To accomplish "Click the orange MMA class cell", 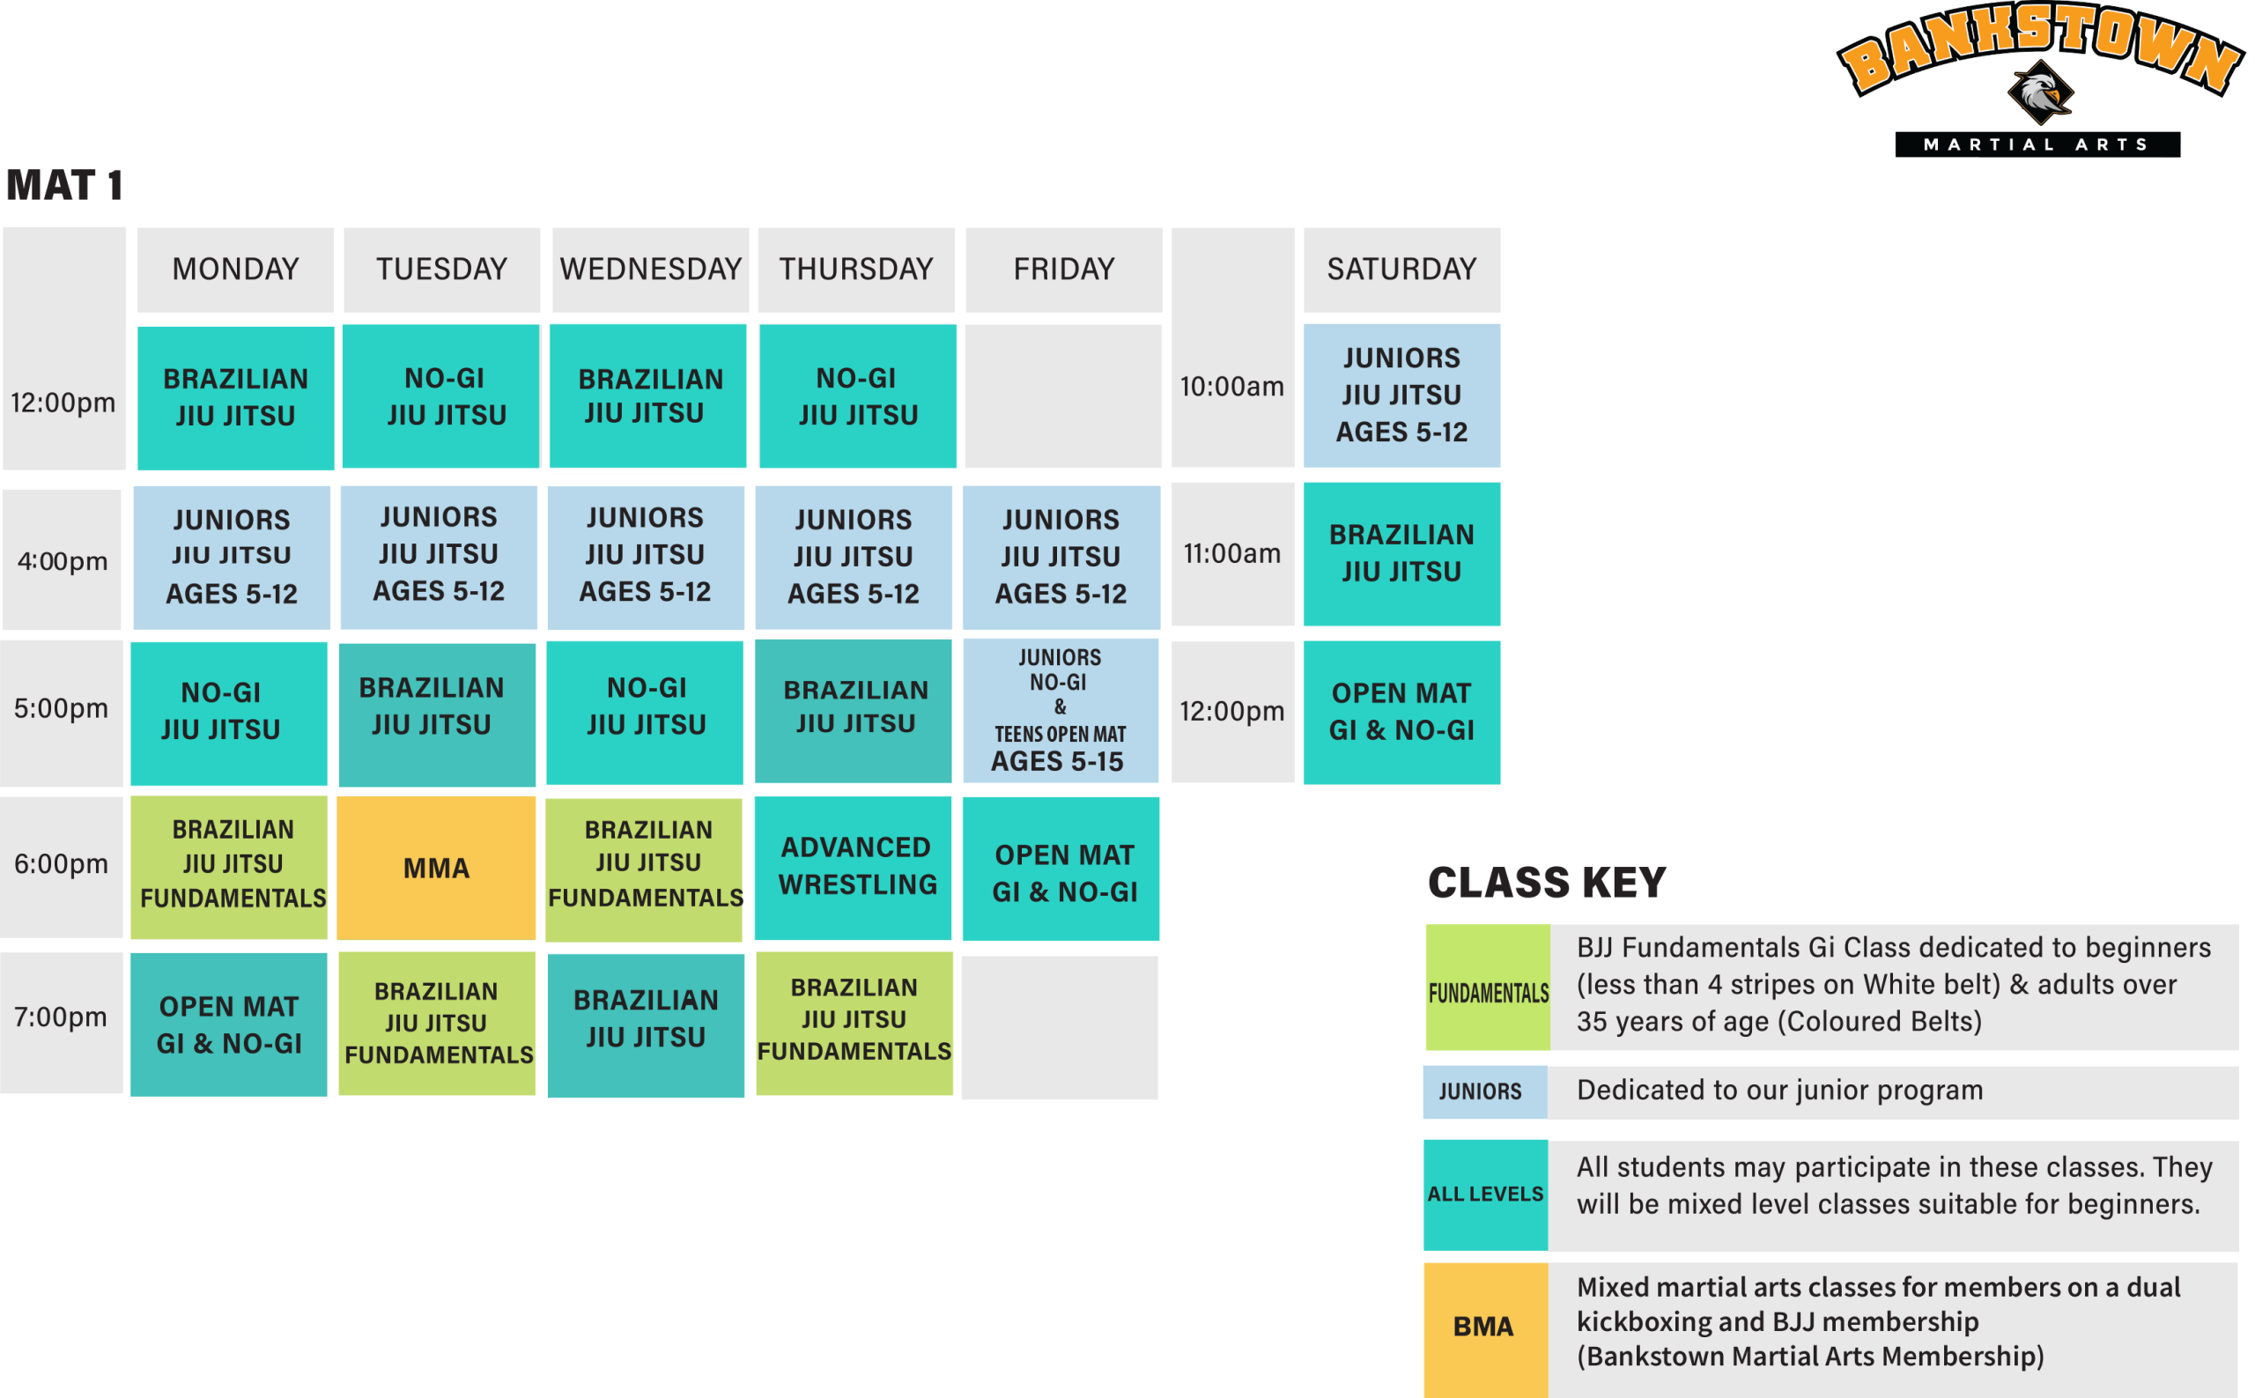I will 435,868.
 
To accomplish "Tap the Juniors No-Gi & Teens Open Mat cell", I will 1061,710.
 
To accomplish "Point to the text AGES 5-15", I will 1057,761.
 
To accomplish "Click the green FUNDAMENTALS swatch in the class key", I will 1487,987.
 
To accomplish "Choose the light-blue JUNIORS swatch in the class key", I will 1484,1092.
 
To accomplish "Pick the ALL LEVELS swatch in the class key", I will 1485,1194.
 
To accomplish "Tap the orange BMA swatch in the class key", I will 1485,1328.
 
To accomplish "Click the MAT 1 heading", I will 64,185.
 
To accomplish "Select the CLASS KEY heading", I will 1546,882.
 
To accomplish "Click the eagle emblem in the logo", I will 2040,93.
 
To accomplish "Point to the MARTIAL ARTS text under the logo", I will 2037,144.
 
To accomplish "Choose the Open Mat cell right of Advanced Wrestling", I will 1061,869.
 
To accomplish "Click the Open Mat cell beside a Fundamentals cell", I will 228,1024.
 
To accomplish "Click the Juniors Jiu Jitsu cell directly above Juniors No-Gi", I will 1061,557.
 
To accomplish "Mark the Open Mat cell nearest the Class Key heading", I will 1401,712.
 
